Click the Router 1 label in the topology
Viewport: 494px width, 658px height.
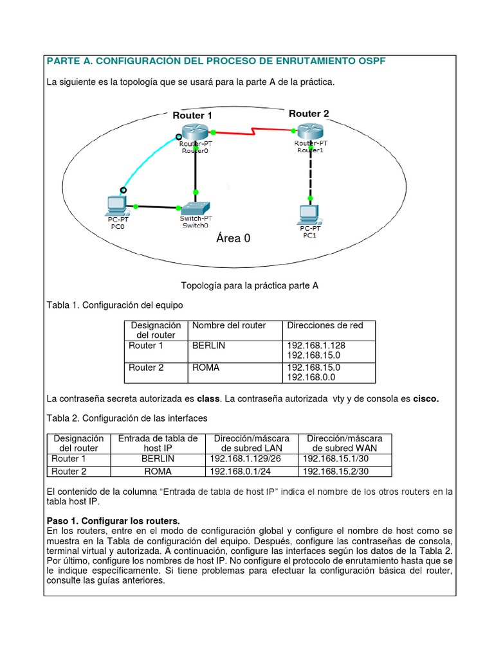192,115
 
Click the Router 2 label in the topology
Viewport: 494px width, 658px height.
309,113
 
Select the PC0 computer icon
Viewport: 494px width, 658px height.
116,205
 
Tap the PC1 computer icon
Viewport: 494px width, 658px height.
309,212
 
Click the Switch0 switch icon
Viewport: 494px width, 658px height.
194,209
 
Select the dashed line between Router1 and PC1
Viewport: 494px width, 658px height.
311,173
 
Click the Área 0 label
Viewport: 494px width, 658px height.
233,238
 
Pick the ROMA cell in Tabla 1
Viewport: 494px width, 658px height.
206,368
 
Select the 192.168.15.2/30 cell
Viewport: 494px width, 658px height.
335,471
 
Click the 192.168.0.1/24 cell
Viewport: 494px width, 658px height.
236,471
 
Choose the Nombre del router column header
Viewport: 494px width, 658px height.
229,325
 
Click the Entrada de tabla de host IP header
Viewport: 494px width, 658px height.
158,443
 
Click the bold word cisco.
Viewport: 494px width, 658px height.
425,398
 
